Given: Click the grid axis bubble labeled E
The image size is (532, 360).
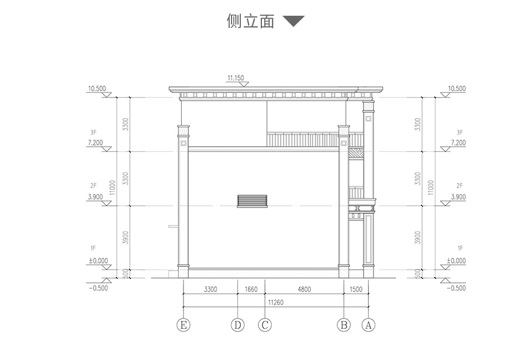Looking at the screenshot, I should [185, 325].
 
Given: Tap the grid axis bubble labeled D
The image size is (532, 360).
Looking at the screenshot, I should [237, 325].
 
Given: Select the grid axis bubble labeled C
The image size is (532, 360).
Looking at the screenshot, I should [265, 325].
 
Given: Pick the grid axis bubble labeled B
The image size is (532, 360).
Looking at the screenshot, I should [344, 325].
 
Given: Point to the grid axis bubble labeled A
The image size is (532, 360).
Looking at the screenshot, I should [368, 325].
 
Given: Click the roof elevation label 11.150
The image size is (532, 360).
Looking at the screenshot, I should [237, 77].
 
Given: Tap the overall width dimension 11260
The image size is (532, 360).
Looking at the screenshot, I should [275, 302].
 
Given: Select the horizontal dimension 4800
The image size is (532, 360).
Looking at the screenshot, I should [304, 289].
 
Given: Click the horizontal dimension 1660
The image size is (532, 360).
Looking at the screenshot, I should [251, 289].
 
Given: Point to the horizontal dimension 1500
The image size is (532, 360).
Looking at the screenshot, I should [356, 289].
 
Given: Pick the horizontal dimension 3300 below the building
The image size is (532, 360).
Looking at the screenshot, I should [210, 289].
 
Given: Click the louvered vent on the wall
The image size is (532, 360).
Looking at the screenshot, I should [253, 201].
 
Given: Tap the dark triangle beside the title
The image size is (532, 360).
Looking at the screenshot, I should [293, 22].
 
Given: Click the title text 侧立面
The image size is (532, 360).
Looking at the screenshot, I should [250, 22].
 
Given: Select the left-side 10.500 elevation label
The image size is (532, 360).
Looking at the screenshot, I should [96, 89].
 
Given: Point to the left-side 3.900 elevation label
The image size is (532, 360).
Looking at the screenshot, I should [95, 197].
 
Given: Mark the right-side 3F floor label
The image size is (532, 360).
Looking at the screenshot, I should [460, 132].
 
